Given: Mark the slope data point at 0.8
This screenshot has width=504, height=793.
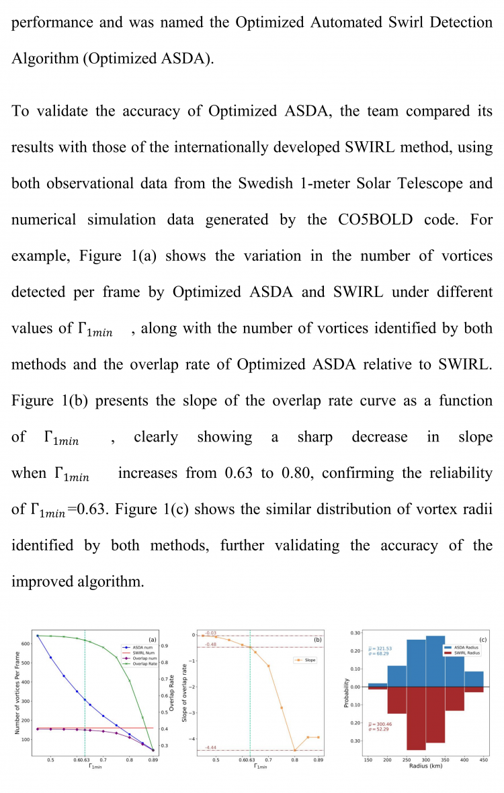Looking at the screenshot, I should [x=294, y=750].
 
